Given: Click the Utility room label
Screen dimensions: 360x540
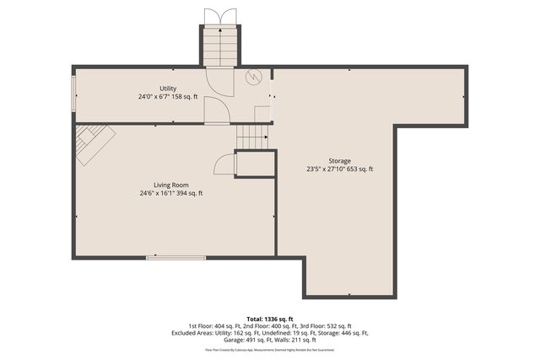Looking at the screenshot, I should (x=167, y=89).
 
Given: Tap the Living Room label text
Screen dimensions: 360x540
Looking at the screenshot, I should (x=170, y=185).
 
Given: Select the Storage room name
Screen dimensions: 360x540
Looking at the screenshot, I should (x=340, y=161).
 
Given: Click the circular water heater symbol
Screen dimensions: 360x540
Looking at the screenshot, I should (x=252, y=77).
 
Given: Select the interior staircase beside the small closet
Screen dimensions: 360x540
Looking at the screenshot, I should (x=251, y=137).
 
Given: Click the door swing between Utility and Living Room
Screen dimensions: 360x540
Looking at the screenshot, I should (x=216, y=110).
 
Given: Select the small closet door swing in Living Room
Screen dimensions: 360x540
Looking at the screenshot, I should (x=224, y=164).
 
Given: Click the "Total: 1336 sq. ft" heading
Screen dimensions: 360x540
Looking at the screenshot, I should (x=269, y=318).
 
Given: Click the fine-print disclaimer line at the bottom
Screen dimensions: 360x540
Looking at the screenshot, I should (x=269, y=349).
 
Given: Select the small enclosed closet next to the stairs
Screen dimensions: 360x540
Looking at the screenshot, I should (x=255, y=163).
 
